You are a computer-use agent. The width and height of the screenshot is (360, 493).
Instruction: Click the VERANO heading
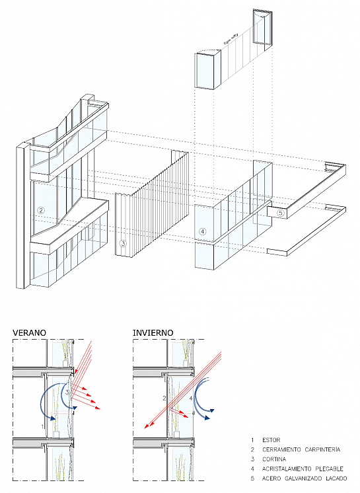tap(29, 332)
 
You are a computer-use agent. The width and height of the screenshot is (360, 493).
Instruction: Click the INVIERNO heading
tap(153, 332)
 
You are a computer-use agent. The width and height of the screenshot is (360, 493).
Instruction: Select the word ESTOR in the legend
tap(271, 440)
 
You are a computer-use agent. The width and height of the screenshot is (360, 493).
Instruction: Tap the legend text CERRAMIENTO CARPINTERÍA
tap(301, 449)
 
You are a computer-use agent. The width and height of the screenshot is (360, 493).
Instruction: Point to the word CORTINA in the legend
tap(274, 459)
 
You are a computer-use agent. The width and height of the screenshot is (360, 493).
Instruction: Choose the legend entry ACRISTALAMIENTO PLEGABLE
tap(303, 469)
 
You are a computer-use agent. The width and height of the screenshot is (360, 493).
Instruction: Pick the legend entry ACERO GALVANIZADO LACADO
tap(305, 478)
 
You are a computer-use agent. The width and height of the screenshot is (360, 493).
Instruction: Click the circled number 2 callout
tap(40, 210)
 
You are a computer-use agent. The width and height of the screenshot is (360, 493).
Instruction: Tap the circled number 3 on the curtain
tap(123, 243)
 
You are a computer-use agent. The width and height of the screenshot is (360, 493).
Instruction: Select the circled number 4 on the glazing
tap(203, 232)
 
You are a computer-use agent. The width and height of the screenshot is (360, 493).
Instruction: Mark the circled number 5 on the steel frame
tap(281, 213)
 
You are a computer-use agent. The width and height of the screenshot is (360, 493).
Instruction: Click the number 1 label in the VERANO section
tap(42, 427)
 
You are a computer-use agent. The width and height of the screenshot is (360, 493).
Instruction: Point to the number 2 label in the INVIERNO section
tap(164, 398)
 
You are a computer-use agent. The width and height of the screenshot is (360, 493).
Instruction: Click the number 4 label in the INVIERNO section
tap(191, 398)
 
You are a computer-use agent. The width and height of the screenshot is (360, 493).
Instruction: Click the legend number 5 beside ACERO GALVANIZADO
tap(252, 478)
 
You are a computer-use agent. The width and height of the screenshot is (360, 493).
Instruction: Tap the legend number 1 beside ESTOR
tap(252, 440)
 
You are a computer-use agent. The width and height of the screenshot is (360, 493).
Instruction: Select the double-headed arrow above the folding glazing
tap(231, 38)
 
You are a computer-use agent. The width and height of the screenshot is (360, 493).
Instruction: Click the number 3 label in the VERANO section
tap(67, 393)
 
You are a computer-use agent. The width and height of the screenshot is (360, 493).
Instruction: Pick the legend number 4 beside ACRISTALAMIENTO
tap(252, 469)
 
